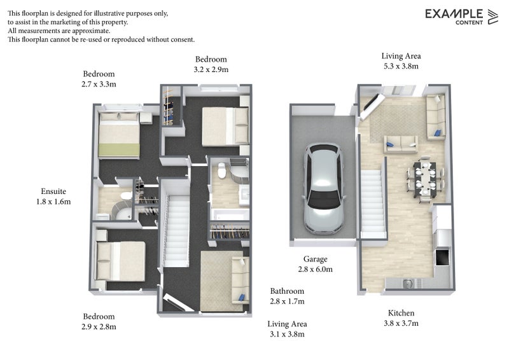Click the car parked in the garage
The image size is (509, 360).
[x=323, y=188]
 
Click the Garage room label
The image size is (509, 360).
[x=315, y=260]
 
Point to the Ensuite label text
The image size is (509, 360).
[x=53, y=191]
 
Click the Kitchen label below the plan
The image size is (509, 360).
[x=401, y=313]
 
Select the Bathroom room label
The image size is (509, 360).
[x=287, y=291]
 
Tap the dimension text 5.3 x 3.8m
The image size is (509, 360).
[x=401, y=66]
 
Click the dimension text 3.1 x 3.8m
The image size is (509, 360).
[x=287, y=334]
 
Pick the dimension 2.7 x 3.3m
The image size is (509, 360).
[x=99, y=83]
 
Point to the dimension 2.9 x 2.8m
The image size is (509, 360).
[x=99, y=327]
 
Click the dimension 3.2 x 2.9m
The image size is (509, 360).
[x=211, y=69]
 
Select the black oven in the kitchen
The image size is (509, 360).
[x=440, y=258]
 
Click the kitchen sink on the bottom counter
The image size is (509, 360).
[x=409, y=282]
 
